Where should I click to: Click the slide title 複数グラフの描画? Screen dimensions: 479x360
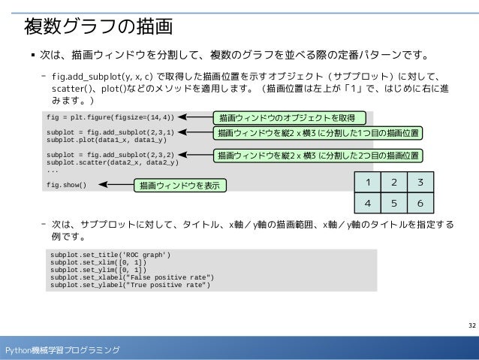(x=99, y=26)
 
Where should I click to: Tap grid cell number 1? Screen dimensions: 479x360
(x=368, y=183)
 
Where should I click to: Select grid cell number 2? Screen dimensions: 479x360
(x=394, y=183)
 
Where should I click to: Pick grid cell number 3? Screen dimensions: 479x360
(x=420, y=183)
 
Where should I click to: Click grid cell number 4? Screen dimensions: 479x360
(x=368, y=203)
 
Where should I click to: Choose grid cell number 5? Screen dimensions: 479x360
(x=394, y=203)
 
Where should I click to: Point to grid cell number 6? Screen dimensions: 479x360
(x=420, y=203)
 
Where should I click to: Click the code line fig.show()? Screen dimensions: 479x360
(x=66, y=185)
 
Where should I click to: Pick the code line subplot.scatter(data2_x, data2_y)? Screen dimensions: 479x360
(x=112, y=162)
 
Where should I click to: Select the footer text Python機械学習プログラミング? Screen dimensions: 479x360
(x=62, y=350)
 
